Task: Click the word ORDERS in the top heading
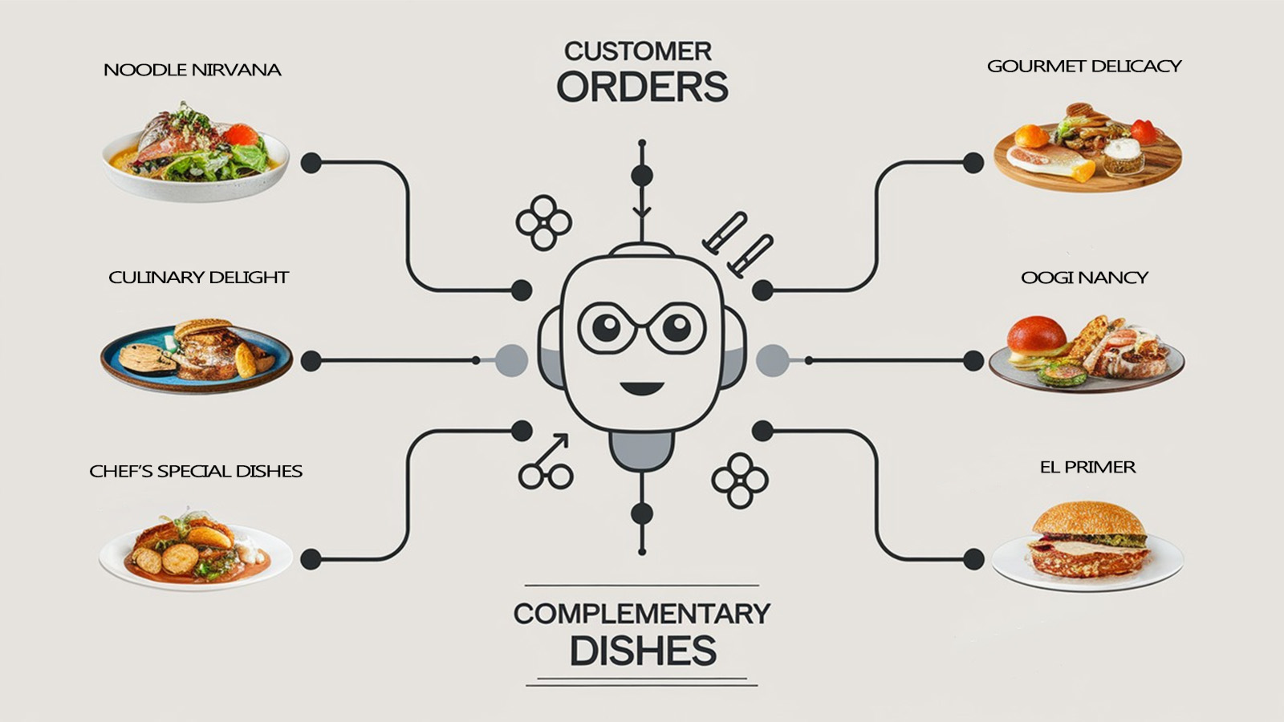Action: (x=642, y=87)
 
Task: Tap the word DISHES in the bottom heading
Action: (x=642, y=651)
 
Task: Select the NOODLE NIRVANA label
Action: (x=193, y=70)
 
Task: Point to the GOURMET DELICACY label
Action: (x=1084, y=66)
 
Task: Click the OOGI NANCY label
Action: (x=1084, y=278)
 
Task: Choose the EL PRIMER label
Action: (x=1087, y=467)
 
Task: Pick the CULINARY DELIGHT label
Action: (x=198, y=278)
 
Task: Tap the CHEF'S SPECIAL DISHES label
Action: (x=196, y=471)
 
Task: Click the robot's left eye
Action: (x=607, y=327)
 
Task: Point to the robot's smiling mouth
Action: (x=641, y=388)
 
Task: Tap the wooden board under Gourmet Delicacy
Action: (x=1087, y=172)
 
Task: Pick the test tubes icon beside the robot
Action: (x=737, y=244)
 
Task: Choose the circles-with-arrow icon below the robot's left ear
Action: (x=546, y=464)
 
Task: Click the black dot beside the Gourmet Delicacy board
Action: (x=973, y=163)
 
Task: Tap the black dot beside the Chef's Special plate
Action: (x=311, y=559)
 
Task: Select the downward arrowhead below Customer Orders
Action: (x=641, y=212)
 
